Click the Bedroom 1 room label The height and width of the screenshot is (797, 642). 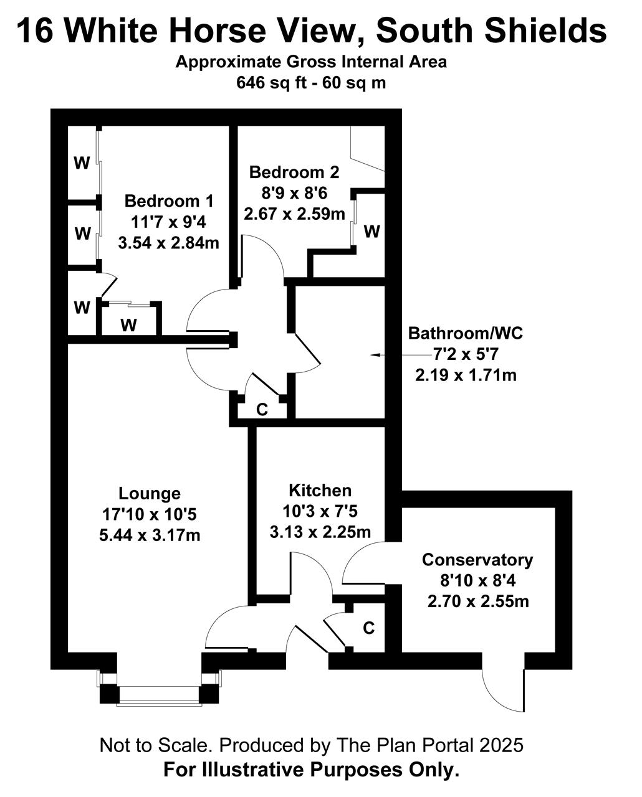point(169,201)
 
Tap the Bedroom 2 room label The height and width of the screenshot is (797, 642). point(294,172)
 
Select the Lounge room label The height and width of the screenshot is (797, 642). point(150,493)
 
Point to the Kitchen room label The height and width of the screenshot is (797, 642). point(320,491)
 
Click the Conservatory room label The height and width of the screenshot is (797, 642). point(477,560)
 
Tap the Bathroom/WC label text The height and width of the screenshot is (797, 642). point(466,333)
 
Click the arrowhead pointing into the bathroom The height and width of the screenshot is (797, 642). point(376,355)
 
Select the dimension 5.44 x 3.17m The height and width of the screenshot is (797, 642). point(150,535)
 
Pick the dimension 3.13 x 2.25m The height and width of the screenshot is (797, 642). point(320,532)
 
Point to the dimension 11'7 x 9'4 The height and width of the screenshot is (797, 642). point(168,222)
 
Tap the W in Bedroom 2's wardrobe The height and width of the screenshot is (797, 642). point(372,232)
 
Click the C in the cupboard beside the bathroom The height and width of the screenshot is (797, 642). point(262,410)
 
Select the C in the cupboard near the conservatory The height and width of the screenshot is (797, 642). point(368,628)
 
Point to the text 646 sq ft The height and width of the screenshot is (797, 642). point(272,83)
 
